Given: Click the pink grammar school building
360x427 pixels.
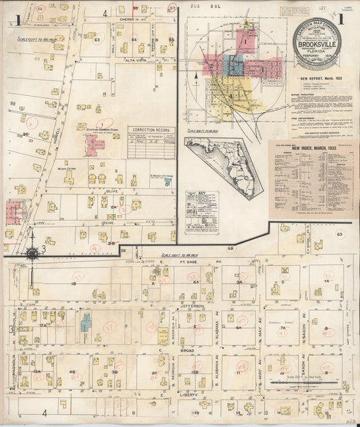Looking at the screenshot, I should pyautogui.click(x=94, y=144).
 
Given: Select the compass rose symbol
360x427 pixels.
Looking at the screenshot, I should pyautogui.click(x=31, y=253).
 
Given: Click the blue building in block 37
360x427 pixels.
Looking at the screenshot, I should pyautogui.click(x=86, y=323).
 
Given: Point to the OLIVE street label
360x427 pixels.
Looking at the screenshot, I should pyautogui.click(x=112, y=191).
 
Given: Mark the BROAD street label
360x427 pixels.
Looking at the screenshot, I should pyautogui.click(x=187, y=351).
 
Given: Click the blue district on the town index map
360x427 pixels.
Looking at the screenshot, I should pyautogui.click(x=234, y=66).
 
